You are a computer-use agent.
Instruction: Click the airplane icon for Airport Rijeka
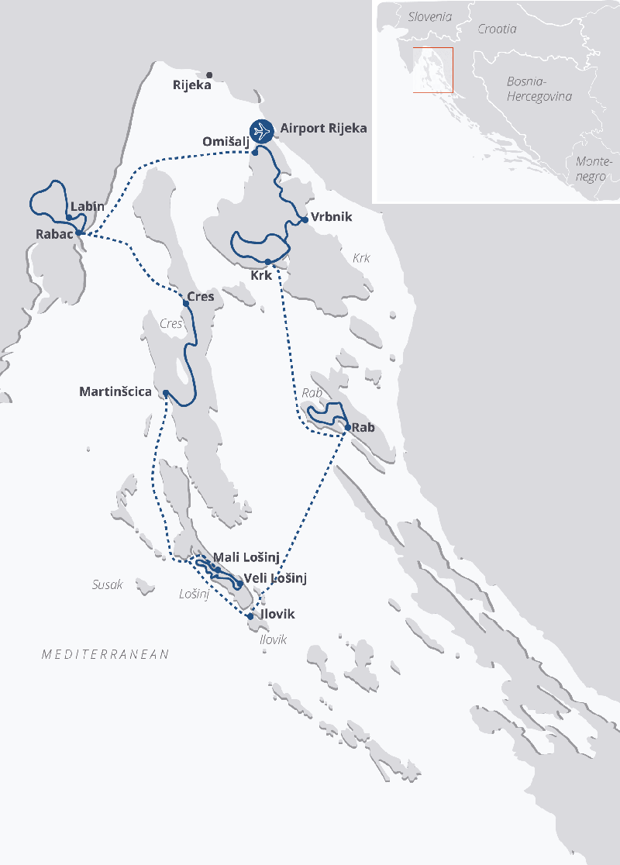[x=262, y=131]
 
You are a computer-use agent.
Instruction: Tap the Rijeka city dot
[x=209, y=75]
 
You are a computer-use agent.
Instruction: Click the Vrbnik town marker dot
[x=305, y=219]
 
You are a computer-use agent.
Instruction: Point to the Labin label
[x=87, y=207]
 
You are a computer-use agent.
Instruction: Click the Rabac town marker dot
[x=79, y=233]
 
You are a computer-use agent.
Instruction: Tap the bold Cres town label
[x=201, y=297]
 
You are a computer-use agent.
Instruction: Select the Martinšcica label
[x=115, y=392]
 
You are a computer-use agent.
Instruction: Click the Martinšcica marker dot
[x=166, y=393]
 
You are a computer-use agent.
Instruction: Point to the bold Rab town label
[x=363, y=427]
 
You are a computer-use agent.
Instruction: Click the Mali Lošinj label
[x=246, y=557]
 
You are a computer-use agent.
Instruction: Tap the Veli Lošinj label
[x=276, y=578]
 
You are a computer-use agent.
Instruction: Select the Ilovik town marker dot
[x=250, y=617]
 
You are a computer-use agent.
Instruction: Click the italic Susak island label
[x=107, y=585]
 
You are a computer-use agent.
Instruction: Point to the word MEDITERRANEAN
[x=105, y=655]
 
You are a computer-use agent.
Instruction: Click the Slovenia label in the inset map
[x=429, y=16]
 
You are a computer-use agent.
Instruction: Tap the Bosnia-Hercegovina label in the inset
[x=539, y=88]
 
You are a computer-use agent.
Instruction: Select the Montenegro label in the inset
[x=594, y=169]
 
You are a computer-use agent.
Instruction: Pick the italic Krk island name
[x=361, y=258]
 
